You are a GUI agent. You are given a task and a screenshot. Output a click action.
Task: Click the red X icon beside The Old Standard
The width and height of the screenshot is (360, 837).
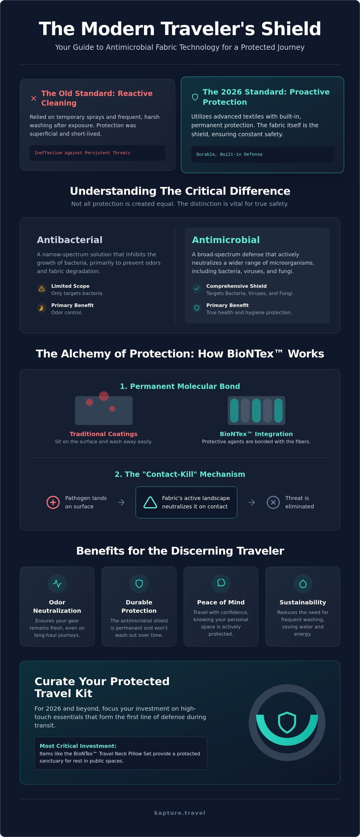pos(34,98)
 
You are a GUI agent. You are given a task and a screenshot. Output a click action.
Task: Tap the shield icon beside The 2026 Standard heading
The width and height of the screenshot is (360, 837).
pos(195,97)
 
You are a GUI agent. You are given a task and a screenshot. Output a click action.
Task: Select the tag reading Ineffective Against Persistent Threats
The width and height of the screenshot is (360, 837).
pos(82,153)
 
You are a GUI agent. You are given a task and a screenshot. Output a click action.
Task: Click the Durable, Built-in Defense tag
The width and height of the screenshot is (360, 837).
pos(229,154)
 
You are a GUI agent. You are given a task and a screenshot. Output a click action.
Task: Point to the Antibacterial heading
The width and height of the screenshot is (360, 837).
pos(70,240)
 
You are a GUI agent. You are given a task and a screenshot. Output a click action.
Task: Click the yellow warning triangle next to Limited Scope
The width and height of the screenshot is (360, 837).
pos(42,288)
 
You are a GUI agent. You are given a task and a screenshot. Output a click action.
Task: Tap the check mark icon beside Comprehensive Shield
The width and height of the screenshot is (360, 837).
pos(196,288)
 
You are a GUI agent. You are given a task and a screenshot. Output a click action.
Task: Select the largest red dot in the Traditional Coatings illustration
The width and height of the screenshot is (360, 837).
pos(103,396)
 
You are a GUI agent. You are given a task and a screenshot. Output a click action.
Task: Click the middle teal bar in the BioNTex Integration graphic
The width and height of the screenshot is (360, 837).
pos(256,410)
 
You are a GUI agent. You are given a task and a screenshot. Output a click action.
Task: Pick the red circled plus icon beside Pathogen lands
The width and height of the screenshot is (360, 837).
pos(53,502)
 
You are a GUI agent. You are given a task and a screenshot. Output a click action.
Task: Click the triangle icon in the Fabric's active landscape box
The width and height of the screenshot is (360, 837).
pos(150,502)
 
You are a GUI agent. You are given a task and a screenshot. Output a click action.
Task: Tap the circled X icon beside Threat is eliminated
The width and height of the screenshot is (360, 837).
pos(273,502)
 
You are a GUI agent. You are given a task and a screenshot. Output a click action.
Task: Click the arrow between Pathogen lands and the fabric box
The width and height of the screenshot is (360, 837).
pos(121,502)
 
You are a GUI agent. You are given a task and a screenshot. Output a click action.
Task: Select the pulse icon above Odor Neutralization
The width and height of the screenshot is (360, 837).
pos(57,584)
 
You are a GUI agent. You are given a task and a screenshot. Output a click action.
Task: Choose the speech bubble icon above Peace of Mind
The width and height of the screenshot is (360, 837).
pos(221,583)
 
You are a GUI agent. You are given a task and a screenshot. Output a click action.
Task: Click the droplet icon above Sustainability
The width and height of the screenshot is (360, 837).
pos(303,584)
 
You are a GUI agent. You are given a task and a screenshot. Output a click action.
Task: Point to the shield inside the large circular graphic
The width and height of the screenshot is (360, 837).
pos(287,722)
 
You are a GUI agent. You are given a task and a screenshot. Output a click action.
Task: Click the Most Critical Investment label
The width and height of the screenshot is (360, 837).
pos(78,746)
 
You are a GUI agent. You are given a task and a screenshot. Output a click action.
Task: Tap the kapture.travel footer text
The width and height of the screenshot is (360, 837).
pos(180,813)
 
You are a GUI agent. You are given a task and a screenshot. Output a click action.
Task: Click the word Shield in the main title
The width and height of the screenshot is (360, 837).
pos(291,29)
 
